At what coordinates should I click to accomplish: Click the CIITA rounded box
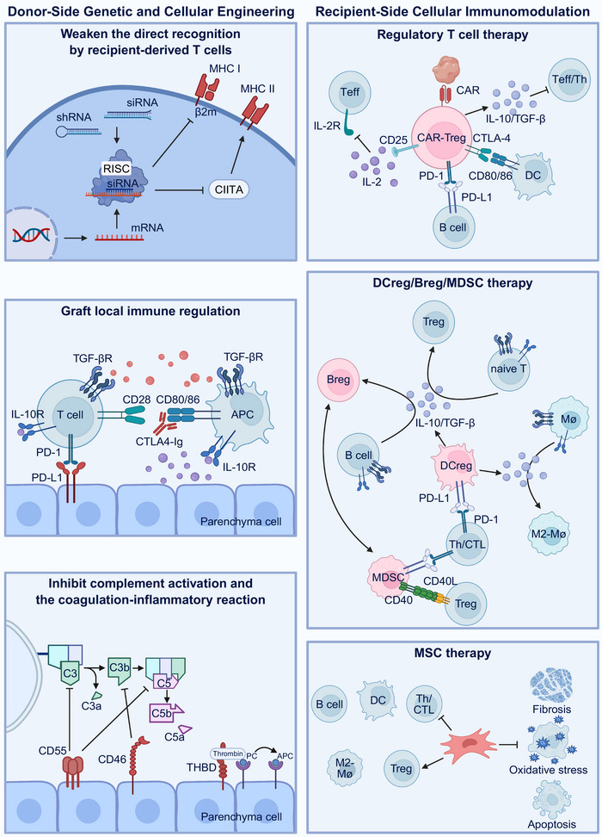click(229, 189)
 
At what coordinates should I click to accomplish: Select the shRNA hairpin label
click(74, 117)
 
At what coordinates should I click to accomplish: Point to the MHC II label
click(257, 89)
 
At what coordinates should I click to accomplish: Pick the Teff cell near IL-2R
click(350, 92)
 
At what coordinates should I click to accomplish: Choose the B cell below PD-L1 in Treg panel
click(453, 226)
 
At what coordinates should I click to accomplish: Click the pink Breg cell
click(339, 380)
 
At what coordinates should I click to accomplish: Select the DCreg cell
click(456, 466)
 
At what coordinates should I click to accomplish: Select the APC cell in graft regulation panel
click(243, 415)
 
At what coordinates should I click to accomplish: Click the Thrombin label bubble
click(228, 753)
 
